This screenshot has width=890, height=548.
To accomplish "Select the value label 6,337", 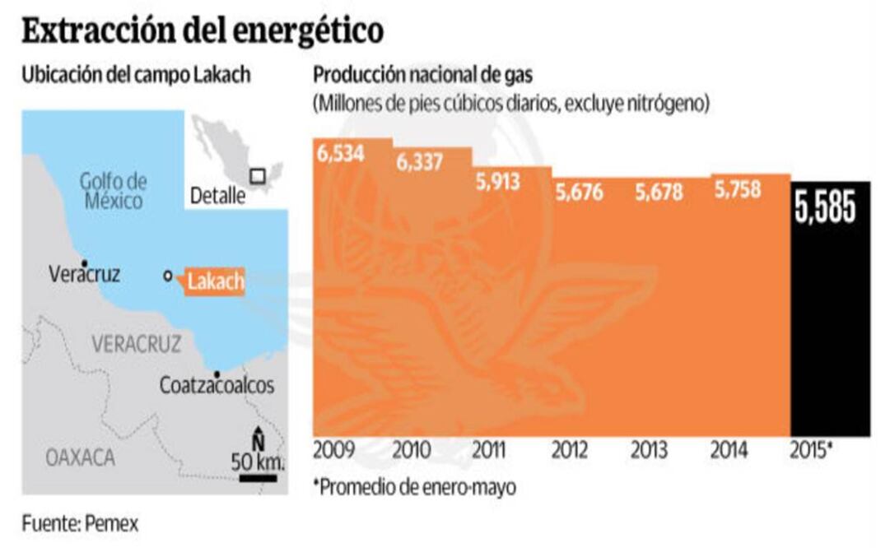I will click(x=420, y=162).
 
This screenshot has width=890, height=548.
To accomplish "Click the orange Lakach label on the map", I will click(x=216, y=282).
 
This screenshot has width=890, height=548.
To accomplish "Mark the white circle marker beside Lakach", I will click(x=168, y=276).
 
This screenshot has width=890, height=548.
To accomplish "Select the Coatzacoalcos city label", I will click(x=217, y=385).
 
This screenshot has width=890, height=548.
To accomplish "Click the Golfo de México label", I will click(x=113, y=191).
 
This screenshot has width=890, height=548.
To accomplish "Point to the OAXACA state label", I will click(x=81, y=458).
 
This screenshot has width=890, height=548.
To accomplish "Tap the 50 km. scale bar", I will click(x=259, y=476).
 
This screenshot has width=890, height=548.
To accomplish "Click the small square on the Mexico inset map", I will click(x=258, y=175).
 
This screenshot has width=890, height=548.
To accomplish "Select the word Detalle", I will click(x=217, y=196).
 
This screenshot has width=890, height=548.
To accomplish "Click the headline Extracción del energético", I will click(x=203, y=30).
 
